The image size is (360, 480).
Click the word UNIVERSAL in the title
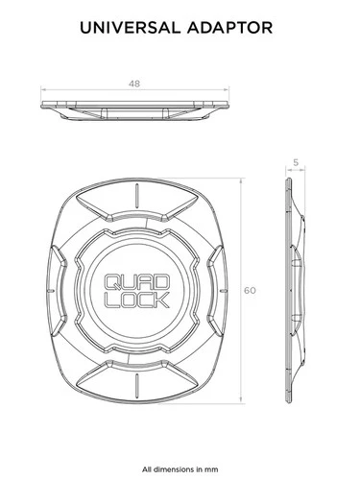coord(130,28)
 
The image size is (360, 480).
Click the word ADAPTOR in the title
coord(230,28)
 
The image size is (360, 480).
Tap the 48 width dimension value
coord(134,84)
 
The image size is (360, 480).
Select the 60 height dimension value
coord(250,291)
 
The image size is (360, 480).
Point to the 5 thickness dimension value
coord(296,162)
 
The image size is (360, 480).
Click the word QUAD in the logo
coord(136,282)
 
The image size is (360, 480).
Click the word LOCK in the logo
coord(136,300)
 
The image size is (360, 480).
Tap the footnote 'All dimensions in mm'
coord(180,469)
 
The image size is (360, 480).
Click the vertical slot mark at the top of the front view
coord(136,195)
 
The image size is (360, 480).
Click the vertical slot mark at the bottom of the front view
coord(136,384)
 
